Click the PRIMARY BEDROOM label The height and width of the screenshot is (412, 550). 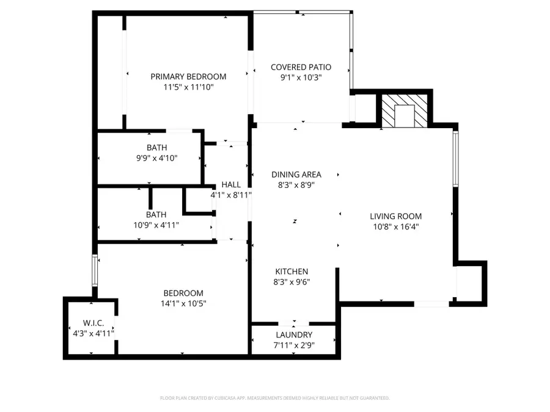(188, 77)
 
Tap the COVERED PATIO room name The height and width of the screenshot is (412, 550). (301, 67)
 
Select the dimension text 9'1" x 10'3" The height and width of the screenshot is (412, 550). (301, 78)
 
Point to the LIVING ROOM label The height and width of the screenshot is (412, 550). (395, 216)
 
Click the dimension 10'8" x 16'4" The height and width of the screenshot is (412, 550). (395, 226)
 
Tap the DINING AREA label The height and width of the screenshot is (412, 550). (296, 175)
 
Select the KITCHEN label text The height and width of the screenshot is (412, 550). (291, 272)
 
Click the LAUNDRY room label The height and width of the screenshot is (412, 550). (294, 335)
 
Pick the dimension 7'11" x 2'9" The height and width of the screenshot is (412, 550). (294, 345)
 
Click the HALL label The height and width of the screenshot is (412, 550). (231, 184)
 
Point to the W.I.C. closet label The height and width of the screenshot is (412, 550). (94, 322)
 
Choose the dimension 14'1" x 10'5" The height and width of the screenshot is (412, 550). (183, 303)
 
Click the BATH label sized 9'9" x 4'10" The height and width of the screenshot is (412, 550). (156, 148)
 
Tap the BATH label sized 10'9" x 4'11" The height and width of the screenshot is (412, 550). (156, 215)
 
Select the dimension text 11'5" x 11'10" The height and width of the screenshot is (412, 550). (188, 87)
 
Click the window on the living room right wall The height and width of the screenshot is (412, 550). (455, 159)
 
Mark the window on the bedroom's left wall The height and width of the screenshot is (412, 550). (94, 270)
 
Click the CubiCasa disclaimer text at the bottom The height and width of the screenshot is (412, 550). (274, 398)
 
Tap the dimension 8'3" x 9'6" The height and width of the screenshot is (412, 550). (291, 282)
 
